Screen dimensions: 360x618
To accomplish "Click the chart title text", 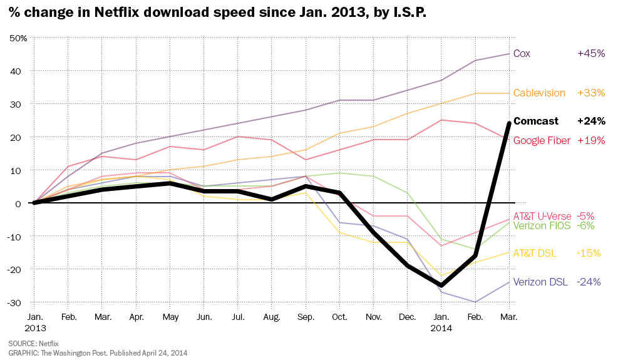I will (x=217, y=13).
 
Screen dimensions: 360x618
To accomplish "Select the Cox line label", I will (x=522, y=54).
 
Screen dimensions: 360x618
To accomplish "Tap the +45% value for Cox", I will (x=590, y=54).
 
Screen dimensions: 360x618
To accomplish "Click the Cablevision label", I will (x=539, y=93).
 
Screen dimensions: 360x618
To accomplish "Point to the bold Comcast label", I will (x=537, y=121).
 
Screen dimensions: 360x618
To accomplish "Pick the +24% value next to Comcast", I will (x=590, y=121).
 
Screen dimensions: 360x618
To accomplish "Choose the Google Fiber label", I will (x=542, y=141).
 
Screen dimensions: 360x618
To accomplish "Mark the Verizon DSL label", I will (x=540, y=282).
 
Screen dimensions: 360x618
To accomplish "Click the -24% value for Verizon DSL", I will (x=589, y=282).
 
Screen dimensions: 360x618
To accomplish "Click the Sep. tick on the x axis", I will (x=306, y=317).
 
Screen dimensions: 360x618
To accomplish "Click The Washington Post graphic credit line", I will (x=97, y=353).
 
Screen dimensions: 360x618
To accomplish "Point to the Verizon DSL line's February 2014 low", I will (x=475, y=302).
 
